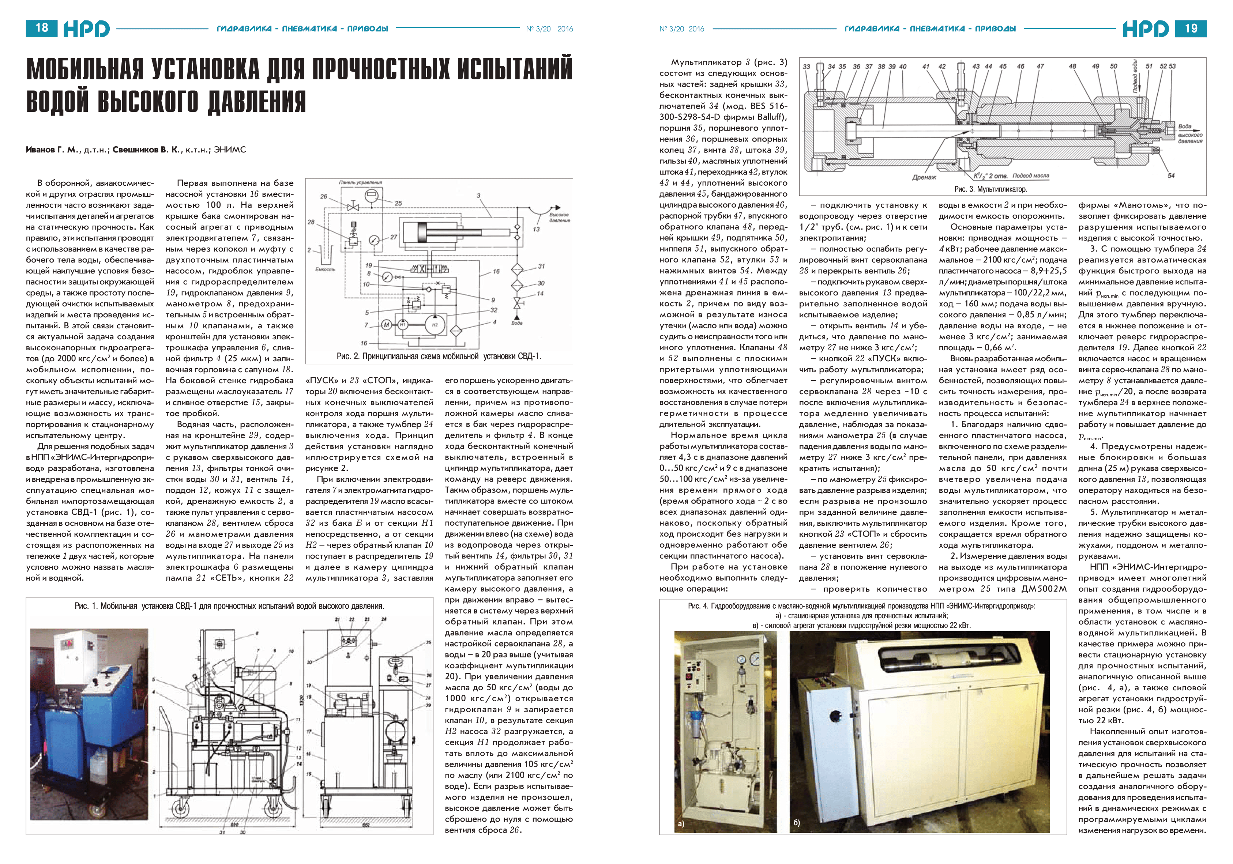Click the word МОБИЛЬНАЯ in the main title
85,70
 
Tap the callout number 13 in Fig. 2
536,229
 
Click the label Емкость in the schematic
325,269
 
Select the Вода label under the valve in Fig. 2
516,323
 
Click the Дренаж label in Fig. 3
924,177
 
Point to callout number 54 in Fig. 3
1171,176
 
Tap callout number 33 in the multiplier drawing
806,67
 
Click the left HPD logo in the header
86,29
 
